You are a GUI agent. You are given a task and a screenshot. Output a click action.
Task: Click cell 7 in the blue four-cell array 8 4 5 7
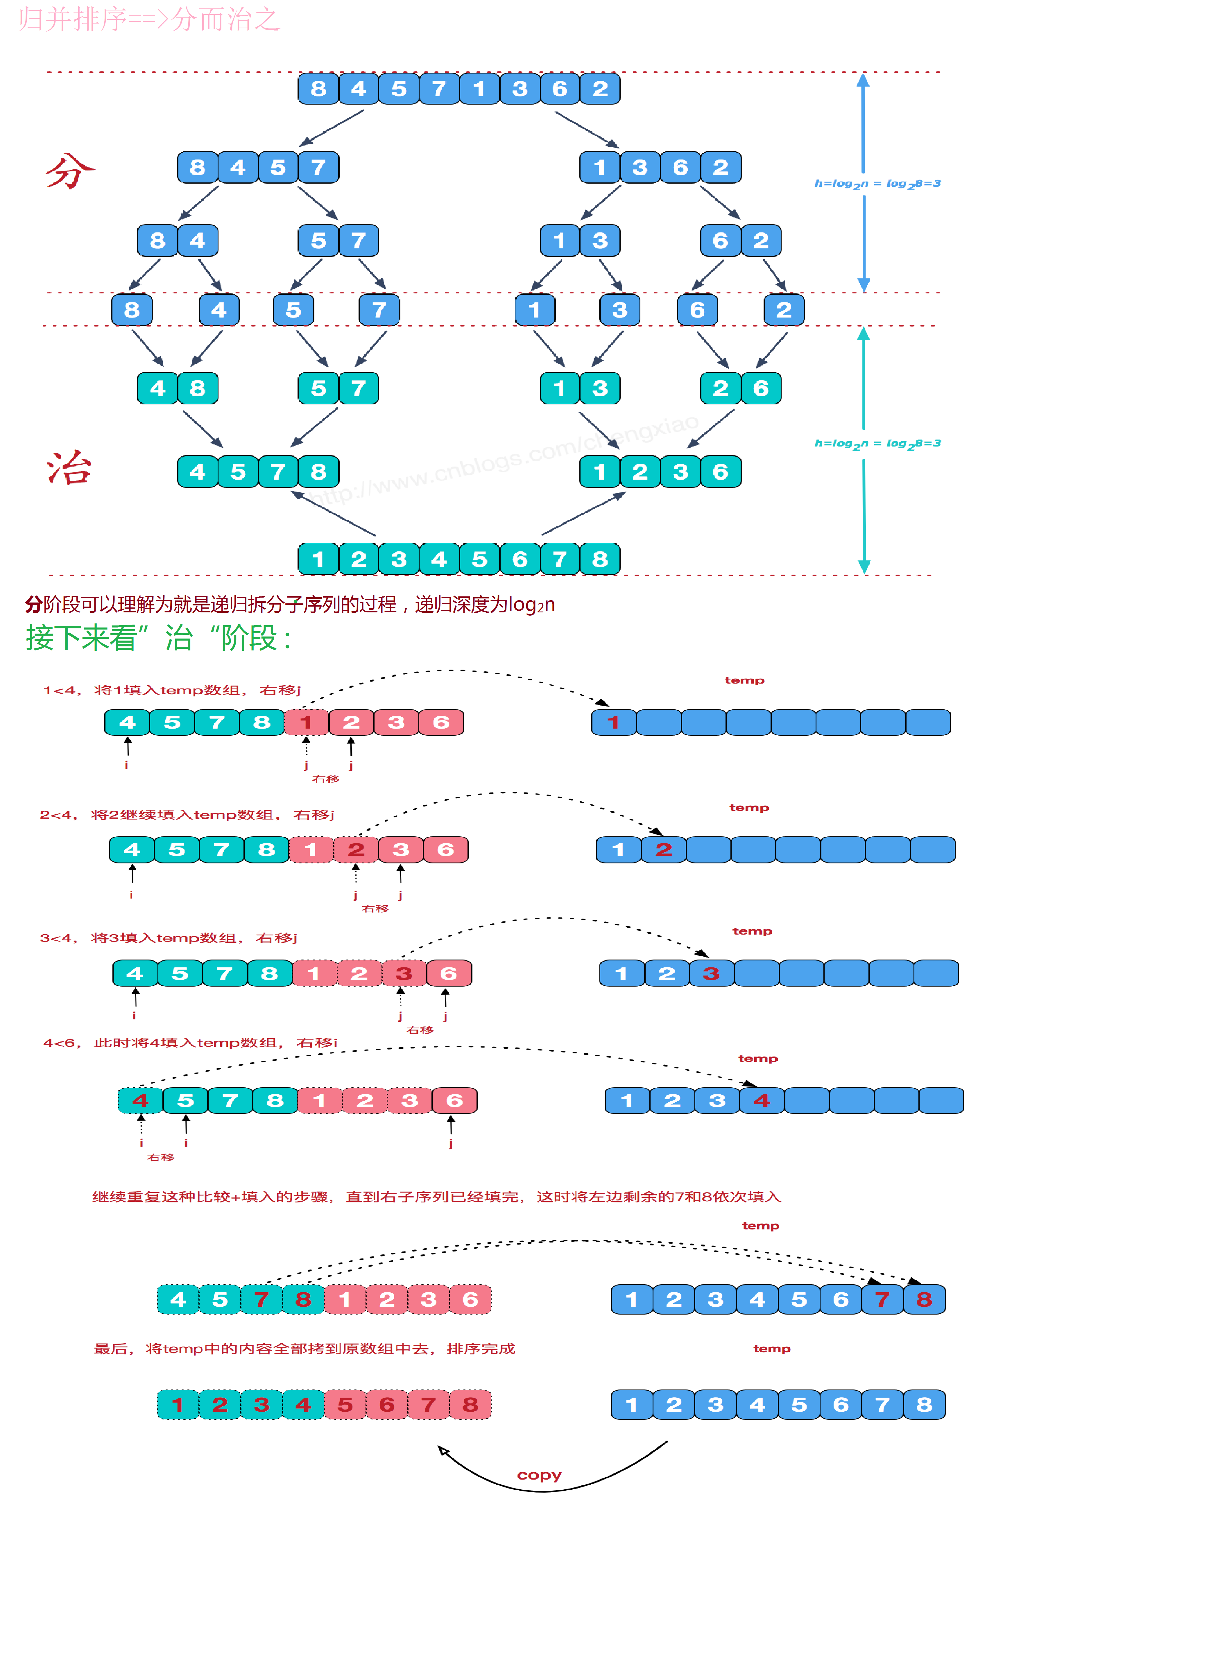[318, 167]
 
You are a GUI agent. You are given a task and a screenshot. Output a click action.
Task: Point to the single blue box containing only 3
[619, 310]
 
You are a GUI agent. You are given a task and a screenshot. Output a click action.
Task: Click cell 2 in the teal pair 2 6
[720, 388]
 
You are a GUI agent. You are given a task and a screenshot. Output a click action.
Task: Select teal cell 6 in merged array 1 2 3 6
[720, 472]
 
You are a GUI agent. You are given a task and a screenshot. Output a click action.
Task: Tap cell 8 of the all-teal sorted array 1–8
[600, 560]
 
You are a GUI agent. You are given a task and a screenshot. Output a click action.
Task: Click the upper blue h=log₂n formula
[877, 184]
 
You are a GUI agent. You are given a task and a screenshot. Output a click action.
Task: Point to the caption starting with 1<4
[171, 690]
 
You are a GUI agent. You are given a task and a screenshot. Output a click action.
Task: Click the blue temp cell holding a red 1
[613, 722]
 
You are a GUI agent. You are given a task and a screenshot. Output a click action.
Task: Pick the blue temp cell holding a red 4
[762, 1100]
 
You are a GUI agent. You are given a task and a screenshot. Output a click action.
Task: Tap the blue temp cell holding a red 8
[924, 1299]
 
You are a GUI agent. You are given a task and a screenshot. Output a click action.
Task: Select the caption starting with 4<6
[189, 1042]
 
